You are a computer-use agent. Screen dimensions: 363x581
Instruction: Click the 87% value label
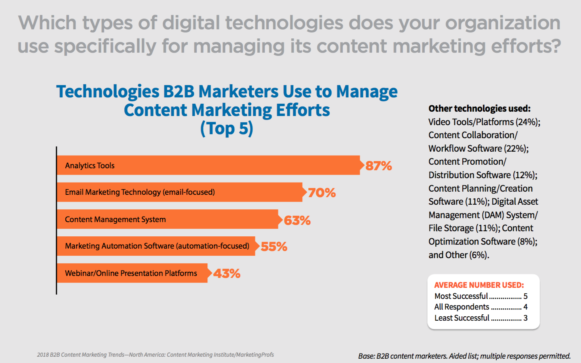coord(378,165)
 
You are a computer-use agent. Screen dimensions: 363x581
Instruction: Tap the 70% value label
coord(322,193)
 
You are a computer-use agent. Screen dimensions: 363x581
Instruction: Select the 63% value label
coord(297,220)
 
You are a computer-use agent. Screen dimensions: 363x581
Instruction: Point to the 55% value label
coord(274,247)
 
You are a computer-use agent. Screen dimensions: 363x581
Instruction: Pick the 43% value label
coord(227,274)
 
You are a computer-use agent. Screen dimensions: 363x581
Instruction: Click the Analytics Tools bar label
coord(90,165)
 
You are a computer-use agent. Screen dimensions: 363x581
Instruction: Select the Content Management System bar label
coord(115,219)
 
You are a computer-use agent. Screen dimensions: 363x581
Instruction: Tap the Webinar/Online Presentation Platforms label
coord(131,273)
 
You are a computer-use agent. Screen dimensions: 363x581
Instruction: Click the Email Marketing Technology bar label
coord(140,192)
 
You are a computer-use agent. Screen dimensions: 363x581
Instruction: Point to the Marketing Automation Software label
coord(157,246)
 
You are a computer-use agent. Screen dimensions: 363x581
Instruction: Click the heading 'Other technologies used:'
coord(479,108)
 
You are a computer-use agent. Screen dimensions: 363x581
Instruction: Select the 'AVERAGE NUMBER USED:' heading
coord(479,285)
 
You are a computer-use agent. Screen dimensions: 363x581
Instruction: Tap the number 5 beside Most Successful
coord(526,296)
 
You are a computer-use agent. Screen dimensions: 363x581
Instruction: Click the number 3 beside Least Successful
coord(526,318)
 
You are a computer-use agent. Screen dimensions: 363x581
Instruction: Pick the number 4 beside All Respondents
coord(526,307)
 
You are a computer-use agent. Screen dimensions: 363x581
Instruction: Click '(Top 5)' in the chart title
coord(226,128)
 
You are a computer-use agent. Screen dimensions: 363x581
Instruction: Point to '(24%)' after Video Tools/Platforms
coord(528,122)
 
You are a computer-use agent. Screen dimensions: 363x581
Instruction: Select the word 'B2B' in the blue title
coord(178,91)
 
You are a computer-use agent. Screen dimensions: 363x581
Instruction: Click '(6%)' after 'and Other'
coord(479,255)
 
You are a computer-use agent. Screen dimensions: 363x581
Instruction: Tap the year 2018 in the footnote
coord(42,355)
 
